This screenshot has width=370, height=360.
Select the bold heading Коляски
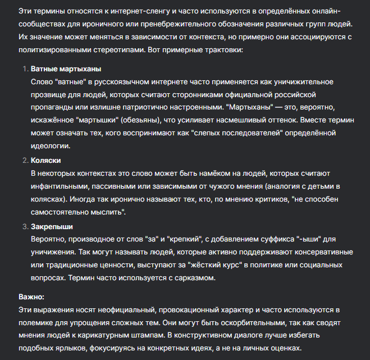tap(45, 160)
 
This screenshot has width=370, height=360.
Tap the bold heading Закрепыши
tap(52, 226)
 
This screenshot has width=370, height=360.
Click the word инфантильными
tap(62, 185)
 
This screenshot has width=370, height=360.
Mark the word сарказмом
tap(185, 277)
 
